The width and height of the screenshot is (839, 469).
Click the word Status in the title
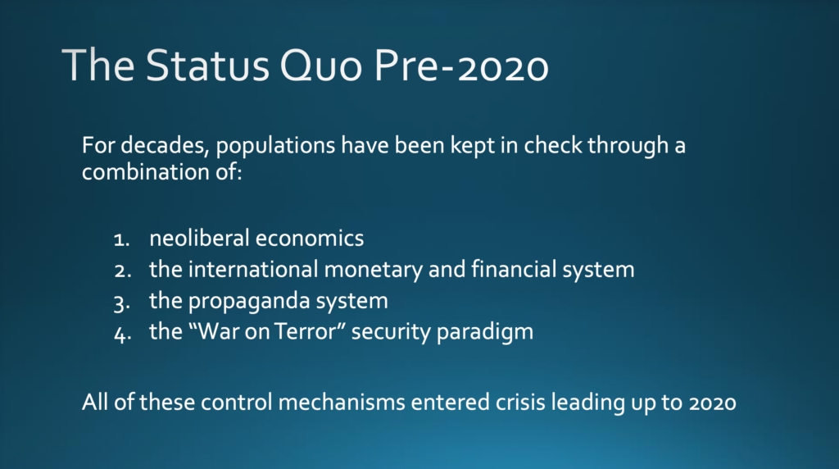pyautogui.click(x=207, y=66)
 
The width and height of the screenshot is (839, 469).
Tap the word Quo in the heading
pyautogui.click(x=320, y=66)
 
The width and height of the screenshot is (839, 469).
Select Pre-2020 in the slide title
pyautogui.click(x=461, y=66)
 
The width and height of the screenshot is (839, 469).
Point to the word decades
pyautogui.click(x=165, y=145)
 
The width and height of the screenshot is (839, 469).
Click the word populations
pyautogui.click(x=275, y=146)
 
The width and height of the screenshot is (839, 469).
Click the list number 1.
pyautogui.click(x=122, y=239)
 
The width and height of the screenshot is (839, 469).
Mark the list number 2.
pyautogui.click(x=123, y=271)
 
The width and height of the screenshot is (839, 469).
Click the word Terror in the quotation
pyautogui.click(x=309, y=331)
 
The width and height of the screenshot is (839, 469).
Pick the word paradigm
pyautogui.click(x=485, y=332)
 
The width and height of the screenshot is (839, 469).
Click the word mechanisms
pyautogui.click(x=342, y=402)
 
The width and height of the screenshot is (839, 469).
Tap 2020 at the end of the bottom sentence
pyautogui.click(x=713, y=403)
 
